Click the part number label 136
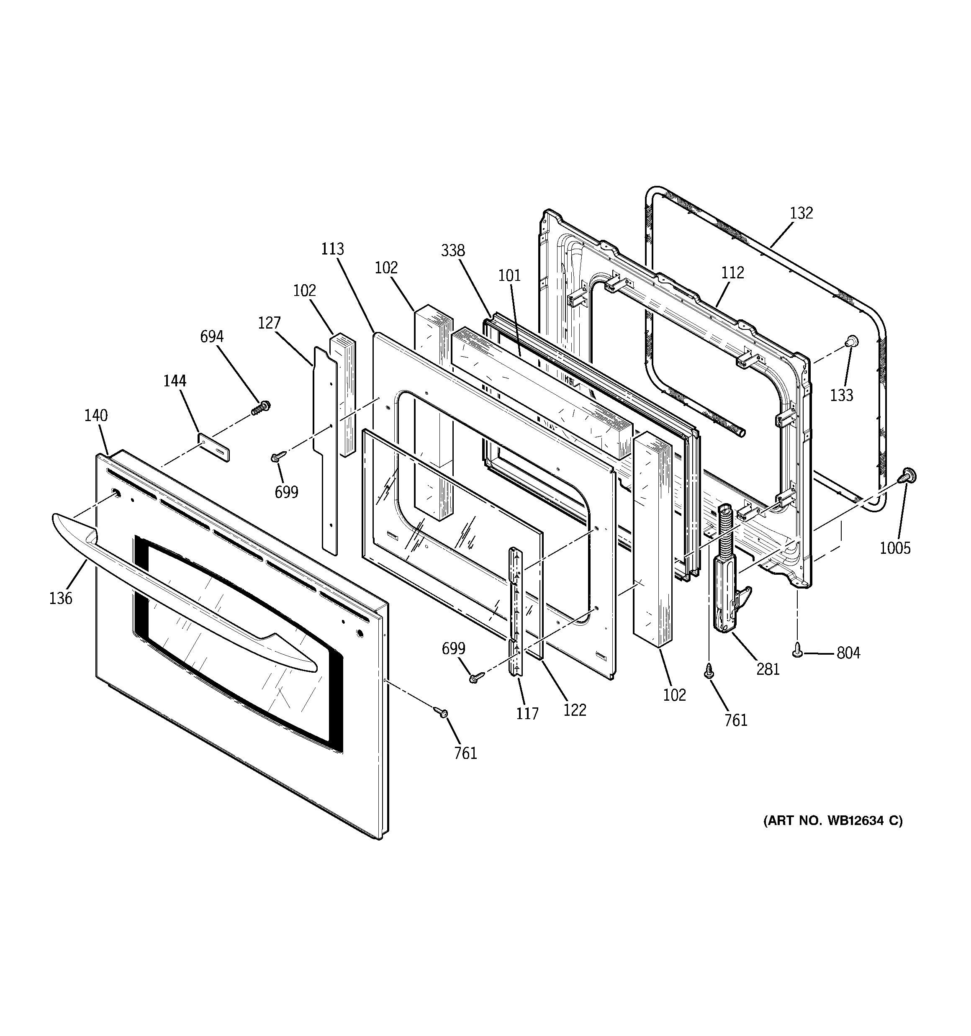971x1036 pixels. click(60, 598)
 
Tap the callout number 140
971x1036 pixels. click(96, 415)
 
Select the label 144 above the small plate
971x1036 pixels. click(175, 381)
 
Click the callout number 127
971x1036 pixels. click(269, 323)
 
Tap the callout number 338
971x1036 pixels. click(452, 251)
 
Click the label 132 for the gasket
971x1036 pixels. click(801, 213)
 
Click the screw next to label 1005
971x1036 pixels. click(909, 475)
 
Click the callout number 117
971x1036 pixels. click(527, 713)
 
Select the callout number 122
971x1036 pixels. click(574, 710)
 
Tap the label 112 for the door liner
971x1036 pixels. click(732, 272)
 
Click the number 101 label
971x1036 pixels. click(509, 275)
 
